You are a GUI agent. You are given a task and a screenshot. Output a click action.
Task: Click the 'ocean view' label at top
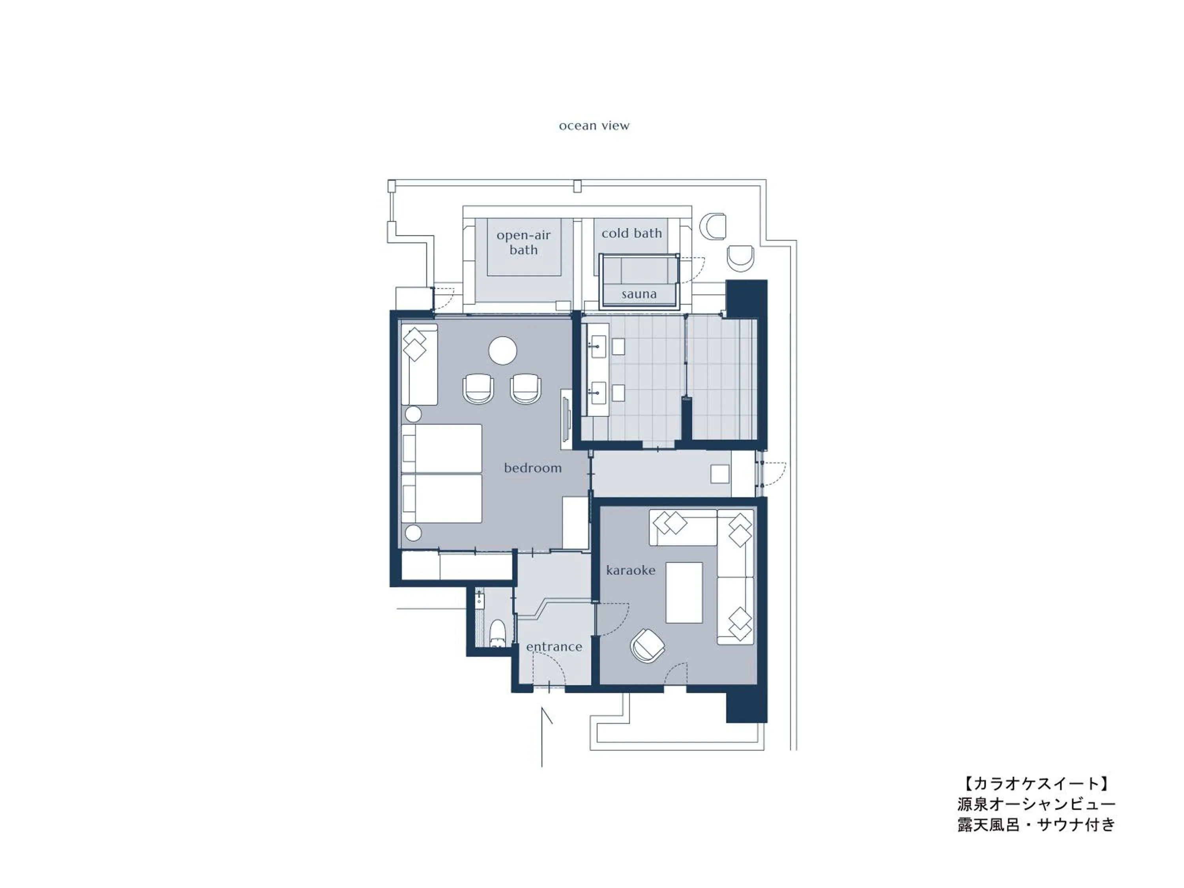tap(594, 126)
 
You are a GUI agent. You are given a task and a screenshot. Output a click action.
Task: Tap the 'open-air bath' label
tap(523, 242)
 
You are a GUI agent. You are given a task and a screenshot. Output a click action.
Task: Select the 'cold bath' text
tap(631, 233)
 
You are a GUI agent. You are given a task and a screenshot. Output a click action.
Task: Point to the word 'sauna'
tap(639, 294)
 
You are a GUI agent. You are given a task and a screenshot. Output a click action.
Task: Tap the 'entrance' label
tap(554, 646)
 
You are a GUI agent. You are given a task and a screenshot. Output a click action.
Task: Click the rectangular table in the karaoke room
tap(684, 592)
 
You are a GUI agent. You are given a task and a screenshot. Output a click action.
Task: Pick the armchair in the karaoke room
tap(648, 646)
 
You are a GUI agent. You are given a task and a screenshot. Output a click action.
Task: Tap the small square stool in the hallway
tap(719, 474)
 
